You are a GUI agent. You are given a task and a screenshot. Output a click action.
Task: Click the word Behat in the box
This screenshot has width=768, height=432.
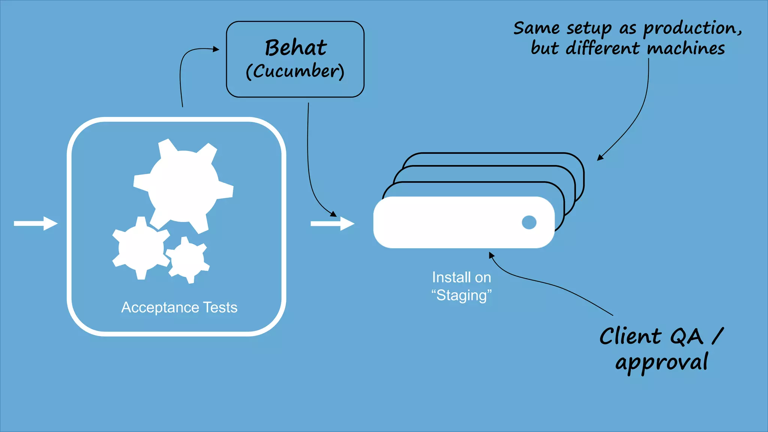click(295, 48)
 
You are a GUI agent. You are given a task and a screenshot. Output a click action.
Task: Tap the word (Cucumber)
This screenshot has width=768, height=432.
click(295, 71)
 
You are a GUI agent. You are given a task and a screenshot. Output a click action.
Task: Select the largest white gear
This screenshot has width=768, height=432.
click(183, 187)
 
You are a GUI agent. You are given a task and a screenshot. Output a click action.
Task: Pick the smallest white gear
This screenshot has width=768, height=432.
click(187, 259)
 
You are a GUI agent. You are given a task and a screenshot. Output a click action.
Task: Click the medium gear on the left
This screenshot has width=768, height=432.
click(141, 248)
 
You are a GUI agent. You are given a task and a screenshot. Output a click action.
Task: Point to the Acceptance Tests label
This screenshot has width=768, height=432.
click(179, 307)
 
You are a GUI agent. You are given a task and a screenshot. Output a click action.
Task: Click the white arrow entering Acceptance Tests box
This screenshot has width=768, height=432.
click(36, 223)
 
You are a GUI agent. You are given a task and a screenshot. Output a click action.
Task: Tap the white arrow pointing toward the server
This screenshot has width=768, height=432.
click(332, 224)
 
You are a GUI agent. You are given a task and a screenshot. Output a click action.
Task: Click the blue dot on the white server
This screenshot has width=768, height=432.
click(529, 222)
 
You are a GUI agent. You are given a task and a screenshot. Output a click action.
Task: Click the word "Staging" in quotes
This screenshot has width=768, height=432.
click(461, 295)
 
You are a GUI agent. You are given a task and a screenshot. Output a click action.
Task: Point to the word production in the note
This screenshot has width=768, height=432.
click(692, 28)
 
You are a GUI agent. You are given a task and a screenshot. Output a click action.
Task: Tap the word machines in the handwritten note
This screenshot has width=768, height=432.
click(686, 49)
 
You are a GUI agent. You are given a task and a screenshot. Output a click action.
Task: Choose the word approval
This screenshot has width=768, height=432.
click(662, 362)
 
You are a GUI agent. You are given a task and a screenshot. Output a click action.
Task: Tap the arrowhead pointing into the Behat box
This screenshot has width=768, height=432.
click(216, 49)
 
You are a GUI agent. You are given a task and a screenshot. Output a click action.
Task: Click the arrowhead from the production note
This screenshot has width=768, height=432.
click(600, 158)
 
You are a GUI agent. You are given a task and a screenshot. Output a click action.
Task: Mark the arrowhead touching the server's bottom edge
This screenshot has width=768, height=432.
click(491, 255)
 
